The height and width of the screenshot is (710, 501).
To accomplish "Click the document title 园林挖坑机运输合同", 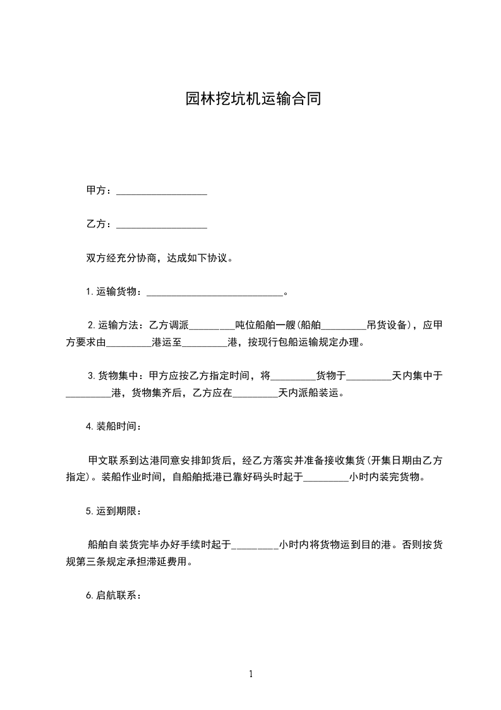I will click(x=253, y=99).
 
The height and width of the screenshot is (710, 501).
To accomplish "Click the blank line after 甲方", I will click(x=162, y=190).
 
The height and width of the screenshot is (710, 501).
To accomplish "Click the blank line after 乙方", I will click(x=162, y=224).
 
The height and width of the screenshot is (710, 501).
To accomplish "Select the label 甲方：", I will click(x=100, y=190).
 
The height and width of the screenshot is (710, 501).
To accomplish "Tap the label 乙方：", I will click(x=100, y=224).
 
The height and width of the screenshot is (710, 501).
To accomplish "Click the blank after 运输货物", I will click(x=215, y=292).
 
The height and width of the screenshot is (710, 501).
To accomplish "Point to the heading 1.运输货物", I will click(x=112, y=292).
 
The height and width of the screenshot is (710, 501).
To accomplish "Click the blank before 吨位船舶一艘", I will click(x=212, y=326).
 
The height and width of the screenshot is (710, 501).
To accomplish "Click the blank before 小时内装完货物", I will click(x=326, y=477).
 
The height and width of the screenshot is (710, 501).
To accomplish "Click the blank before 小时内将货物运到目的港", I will click(x=255, y=544).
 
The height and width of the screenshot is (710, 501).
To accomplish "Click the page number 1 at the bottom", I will click(x=251, y=675).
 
